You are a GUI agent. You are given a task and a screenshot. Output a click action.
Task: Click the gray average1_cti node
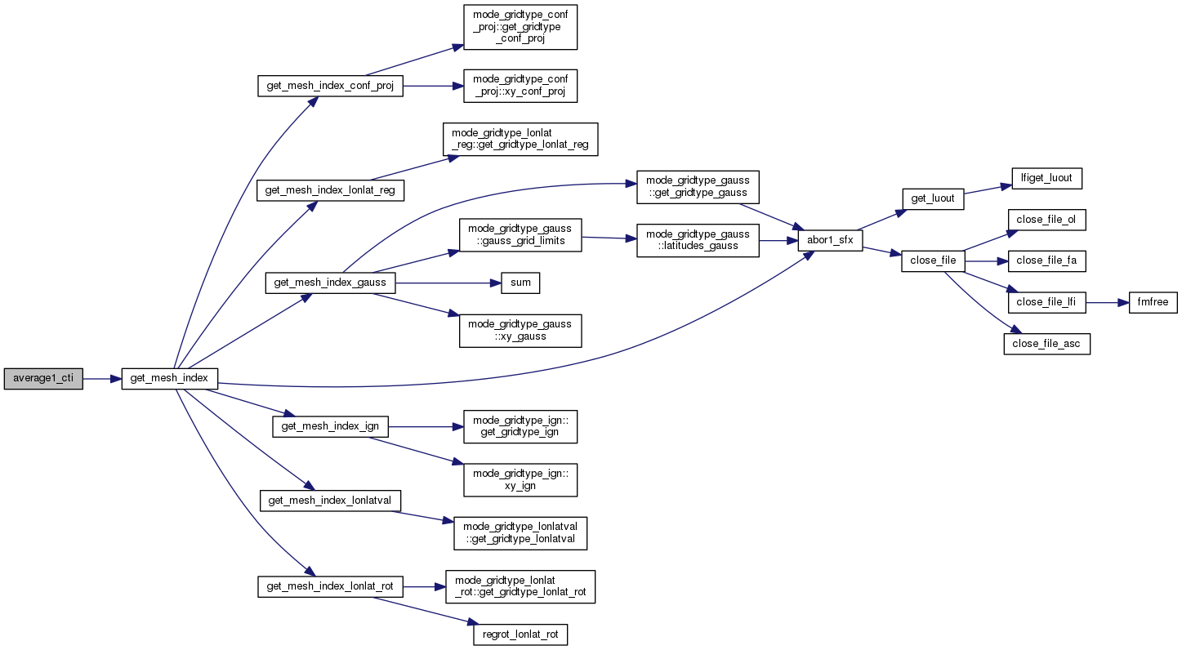coord(43,379)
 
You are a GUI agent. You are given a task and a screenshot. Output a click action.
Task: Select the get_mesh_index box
coord(170,379)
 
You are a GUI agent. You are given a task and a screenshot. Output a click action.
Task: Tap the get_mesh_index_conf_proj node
coord(330,86)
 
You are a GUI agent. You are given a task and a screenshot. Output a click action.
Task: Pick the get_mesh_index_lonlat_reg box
coord(330,190)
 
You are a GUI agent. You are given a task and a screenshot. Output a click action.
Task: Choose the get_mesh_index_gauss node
coord(330,283)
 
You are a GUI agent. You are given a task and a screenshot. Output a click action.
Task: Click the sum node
coord(520,283)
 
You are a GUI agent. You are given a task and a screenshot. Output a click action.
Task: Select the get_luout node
coord(934,198)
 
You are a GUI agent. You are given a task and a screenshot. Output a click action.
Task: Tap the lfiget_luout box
coord(1046,177)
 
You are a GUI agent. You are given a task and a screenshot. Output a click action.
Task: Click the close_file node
coord(934,261)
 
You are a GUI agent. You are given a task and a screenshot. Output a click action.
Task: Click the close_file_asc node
coord(1046,344)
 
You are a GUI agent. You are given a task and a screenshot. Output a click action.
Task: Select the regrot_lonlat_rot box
coord(520,634)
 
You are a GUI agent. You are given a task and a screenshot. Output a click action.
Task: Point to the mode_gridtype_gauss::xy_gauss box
coord(520,330)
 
